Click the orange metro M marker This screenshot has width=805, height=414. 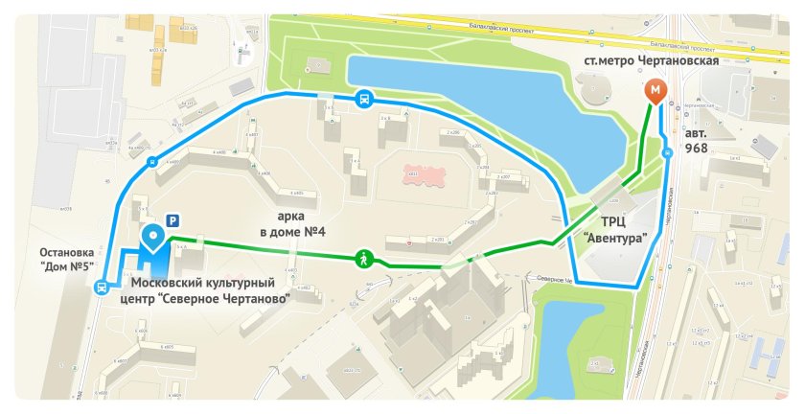(x=655, y=90)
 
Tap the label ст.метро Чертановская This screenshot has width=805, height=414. (x=651, y=60)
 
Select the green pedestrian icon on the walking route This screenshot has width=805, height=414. (x=364, y=257)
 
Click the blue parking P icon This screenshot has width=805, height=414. (x=173, y=220)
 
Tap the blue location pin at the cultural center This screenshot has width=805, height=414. (x=152, y=236)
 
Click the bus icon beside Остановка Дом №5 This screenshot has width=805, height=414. (x=101, y=287)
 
